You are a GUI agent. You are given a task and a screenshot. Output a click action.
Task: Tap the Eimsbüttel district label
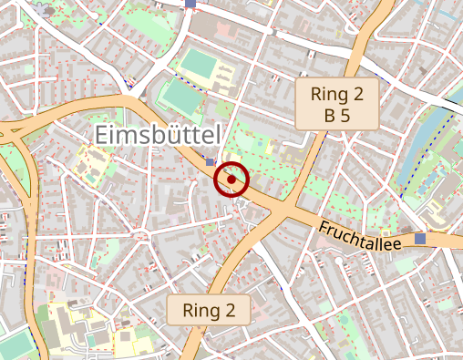tap(158, 135)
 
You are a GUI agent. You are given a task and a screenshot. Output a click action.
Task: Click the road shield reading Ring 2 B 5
tap(337, 103)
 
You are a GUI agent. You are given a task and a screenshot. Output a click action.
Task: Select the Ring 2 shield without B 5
tap(209, 310)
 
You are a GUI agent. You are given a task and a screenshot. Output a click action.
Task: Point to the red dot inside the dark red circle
tap(231, 180)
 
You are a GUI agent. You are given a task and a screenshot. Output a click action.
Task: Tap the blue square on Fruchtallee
tap(420, 238)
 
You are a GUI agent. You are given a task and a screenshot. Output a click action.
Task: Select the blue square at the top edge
tap(190, 4)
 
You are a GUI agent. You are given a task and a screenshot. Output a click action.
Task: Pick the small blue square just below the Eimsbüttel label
tap(210, 162)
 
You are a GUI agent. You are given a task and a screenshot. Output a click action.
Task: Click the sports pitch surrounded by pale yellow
tap(198, 63)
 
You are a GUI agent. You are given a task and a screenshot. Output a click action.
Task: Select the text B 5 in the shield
tap(337, 115)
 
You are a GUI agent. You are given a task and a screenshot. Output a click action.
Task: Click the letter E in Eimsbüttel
tap(103, 135)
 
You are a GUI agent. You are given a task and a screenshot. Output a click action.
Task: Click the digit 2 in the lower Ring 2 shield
tap(242, 310)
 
